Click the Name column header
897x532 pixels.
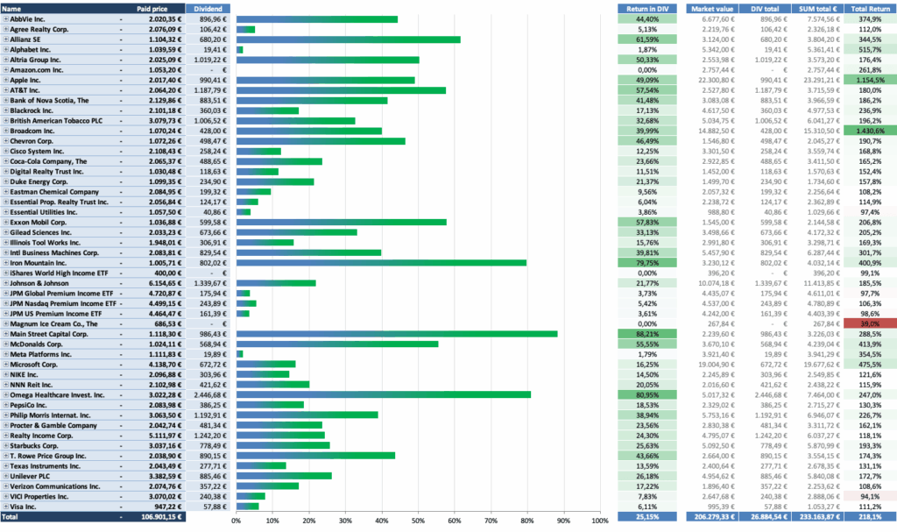(x=13, y=8)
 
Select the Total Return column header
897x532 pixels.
(x=872, y=8)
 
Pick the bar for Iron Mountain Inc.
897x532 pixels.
(x=381, y=263)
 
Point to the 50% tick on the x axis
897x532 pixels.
(x=419, y=521)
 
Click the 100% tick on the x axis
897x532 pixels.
(x=600, y=521)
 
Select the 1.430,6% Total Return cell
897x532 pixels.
(x=872, y=130)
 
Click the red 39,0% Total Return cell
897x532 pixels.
(x=872, y=323)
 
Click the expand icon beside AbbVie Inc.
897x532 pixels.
(x=5, y=18)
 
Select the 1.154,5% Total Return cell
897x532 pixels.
(x=872, y=80)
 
